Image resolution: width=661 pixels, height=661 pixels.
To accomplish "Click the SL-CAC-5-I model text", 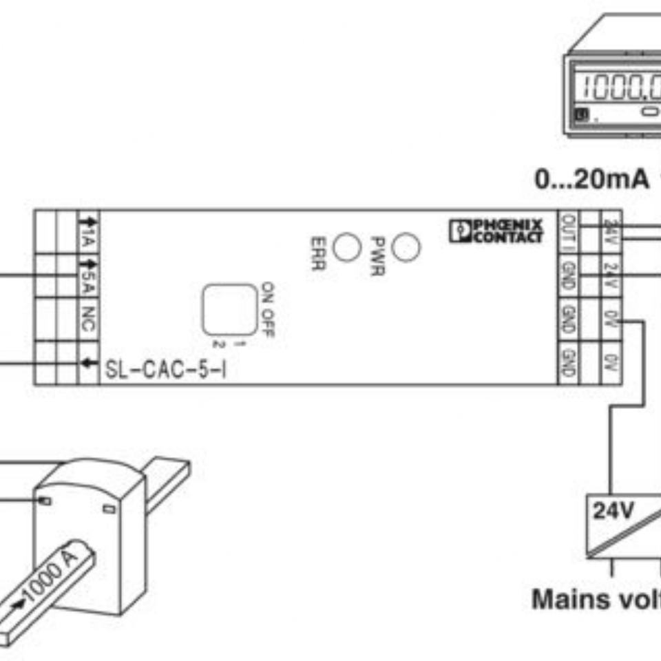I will coord(165,370).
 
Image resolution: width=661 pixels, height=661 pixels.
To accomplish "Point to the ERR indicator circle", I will coord(346,247).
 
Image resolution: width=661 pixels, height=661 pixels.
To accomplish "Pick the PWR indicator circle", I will coord(406,247).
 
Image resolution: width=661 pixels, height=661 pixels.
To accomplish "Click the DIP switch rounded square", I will coord(229,310).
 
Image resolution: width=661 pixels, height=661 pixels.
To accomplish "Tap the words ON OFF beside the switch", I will coord(268,310).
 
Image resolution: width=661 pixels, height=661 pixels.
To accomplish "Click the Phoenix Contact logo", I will coord(496,231).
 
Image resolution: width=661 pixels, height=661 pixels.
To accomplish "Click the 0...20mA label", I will coord(591,180).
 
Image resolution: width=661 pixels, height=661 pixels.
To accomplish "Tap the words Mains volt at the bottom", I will coord(596,599).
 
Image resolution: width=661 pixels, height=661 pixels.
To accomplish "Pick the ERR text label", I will coord(317,253).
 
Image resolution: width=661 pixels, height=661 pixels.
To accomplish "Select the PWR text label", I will coord(377,256).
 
